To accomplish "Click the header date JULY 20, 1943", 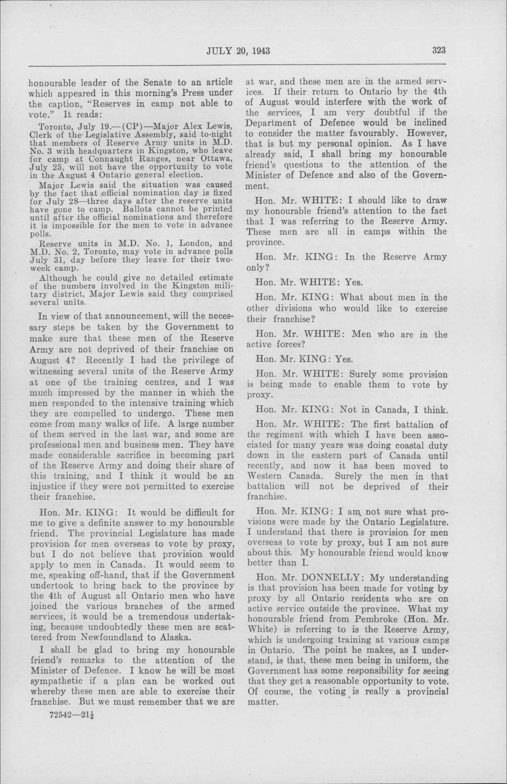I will (238, 51).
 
